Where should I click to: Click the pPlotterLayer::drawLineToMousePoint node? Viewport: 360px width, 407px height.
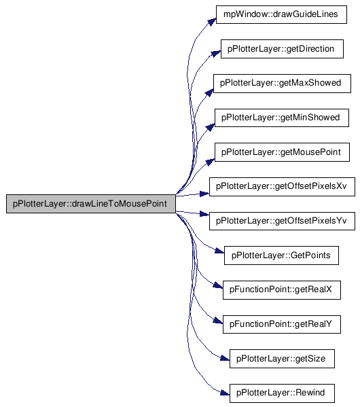pyautogui.click(x=91, y=204)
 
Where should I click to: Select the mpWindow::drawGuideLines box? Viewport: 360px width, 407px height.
pyautogui.click(x=281, y=14)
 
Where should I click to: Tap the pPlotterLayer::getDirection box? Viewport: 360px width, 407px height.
pyautogui.click(x=282, y=49)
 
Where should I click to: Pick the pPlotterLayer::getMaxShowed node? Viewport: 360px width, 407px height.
pyautogui.click(x=282, y=84)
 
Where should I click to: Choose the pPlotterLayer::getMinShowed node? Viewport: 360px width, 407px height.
pyautogui.click(x=282, y=118)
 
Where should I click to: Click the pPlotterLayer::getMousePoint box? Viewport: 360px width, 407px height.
pyautogui.click(x=282, y=152)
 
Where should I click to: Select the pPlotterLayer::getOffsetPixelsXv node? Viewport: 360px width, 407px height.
pyautogui.click(x=282, y=187)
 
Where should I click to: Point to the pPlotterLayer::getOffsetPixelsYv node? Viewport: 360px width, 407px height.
pyautogui.click(x=282, y=221)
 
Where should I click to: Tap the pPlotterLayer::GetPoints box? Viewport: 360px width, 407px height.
pyautogui.click(x=281, y=255)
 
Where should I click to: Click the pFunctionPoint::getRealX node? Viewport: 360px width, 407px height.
pyautogui.click(x=282, y=290)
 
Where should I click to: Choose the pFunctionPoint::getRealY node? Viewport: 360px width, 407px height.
pyautogui.click(x=282, y=324)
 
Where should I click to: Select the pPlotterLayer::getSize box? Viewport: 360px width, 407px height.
pyautogui.click(x=282, y=359)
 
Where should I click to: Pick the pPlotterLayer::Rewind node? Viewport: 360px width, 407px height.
pyautogui.click(x=282, y=393)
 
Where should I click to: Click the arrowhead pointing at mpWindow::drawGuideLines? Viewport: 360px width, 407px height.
pyautogui.click(x=212, y=22)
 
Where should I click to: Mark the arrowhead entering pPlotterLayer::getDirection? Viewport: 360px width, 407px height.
pyautogui.click(x=216, y=54)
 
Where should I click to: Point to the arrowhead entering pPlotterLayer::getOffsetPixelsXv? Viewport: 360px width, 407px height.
pyautogui.click(x=204, y=194)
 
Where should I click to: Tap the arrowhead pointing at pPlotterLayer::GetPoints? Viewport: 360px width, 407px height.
pyautogui.click(x=219, y=251)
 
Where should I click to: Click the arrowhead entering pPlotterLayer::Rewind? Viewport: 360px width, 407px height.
pyautogui.click(x=225, y=393)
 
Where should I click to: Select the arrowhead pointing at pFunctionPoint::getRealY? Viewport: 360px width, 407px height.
pyautogui.click(x=218, y=321)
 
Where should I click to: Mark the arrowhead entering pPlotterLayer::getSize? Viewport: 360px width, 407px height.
pyautogui.click(x=225, y=359)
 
